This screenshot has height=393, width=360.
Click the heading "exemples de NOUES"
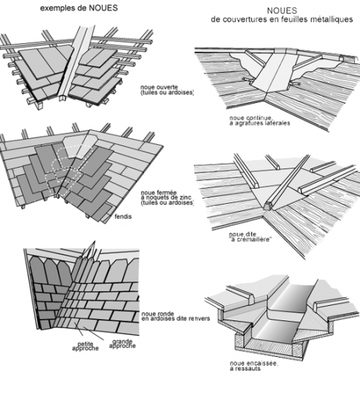point(79,8)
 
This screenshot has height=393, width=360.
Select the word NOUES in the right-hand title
point(282,11)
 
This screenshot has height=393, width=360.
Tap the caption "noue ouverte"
point(159,87)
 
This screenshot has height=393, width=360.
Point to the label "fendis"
point(123,217)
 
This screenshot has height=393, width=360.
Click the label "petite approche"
point(85,346)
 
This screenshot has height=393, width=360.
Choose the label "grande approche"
point(122,343)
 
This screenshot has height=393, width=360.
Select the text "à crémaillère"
point(251,240)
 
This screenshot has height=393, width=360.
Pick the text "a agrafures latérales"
point(260,123)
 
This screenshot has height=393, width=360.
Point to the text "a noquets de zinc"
point(166,197)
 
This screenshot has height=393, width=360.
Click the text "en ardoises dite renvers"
point(176,319)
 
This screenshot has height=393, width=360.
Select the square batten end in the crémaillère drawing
point(268,206)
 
